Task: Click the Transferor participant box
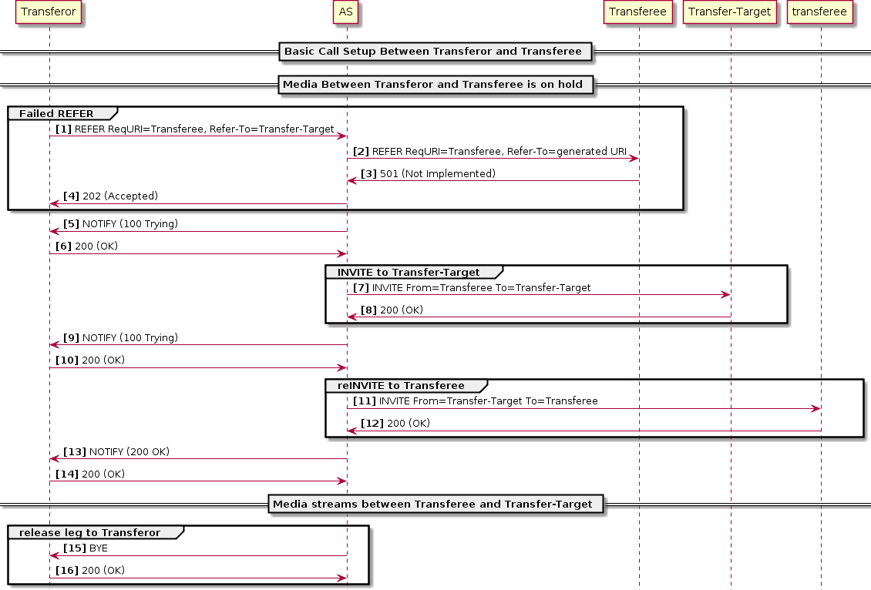49,12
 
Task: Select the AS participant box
346,12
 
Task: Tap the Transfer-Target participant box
729,12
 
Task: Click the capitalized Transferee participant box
638,12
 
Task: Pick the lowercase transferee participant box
820,12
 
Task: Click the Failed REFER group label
56,114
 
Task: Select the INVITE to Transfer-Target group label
409,272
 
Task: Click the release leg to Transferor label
89,532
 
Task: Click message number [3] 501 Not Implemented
429,174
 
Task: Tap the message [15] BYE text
86,548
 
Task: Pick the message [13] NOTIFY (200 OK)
116,451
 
